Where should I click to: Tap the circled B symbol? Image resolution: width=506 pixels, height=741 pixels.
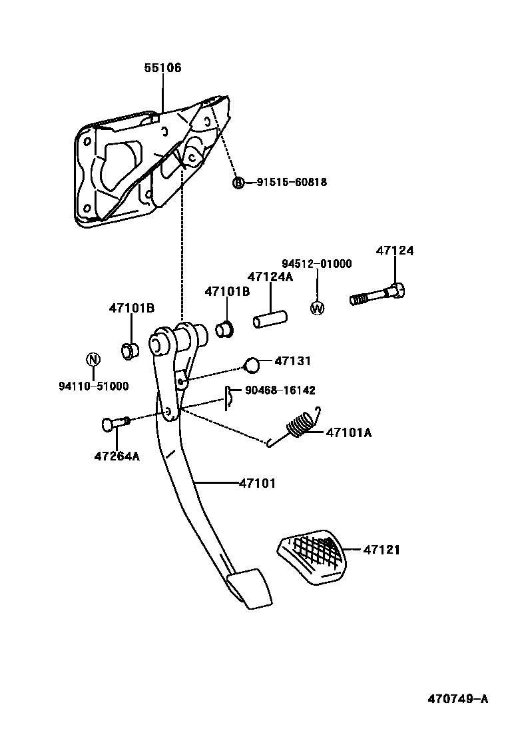click(238, 182)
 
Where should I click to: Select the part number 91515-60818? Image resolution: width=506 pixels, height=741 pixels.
click(292, 182)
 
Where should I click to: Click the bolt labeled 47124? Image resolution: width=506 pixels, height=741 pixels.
click(378, 295)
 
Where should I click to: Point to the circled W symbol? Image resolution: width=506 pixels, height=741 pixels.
click(317, 308)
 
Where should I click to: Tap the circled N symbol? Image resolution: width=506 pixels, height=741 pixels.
click(93, 359)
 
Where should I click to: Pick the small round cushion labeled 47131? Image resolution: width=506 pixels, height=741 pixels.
click(251, 364)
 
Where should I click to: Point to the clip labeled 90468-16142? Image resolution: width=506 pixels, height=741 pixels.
click(228, 398)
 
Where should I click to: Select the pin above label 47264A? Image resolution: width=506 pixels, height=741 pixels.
click(115, 422)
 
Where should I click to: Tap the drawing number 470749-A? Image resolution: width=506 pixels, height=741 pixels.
click(457, 699)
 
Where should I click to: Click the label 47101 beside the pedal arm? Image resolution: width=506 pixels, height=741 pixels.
click(257, 483)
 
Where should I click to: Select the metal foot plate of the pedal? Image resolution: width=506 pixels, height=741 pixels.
click(250, 588)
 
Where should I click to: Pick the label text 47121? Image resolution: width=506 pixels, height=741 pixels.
click(381, 550)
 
